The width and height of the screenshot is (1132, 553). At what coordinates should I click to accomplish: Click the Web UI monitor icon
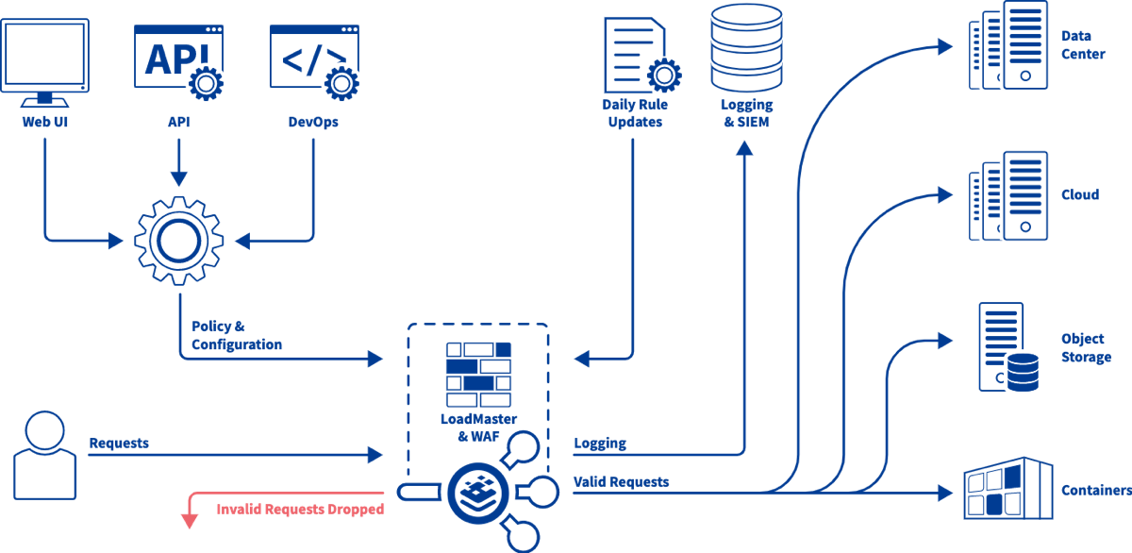click(45, 62)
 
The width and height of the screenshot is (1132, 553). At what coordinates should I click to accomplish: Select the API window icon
click(179, 61)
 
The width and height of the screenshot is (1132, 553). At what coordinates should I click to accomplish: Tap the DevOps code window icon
click(314, 61)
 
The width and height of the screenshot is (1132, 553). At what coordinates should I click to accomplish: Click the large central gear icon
click(179, 242)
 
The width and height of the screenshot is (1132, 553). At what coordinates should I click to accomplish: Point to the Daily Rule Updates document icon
click(642, 55)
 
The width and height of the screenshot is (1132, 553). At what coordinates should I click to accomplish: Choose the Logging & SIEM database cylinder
click(746, 48)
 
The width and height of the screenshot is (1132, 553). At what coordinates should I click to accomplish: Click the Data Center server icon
click(1008, 45)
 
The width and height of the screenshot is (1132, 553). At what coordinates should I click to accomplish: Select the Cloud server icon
click(1008, 196)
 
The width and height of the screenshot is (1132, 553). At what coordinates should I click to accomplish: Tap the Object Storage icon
click(1008, 347)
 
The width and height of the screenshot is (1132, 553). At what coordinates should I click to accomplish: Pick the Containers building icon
click(1008, 488)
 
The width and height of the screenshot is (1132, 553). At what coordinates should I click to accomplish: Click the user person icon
click(45, 456)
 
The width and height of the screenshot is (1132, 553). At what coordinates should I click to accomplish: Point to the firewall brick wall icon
click(478, 375)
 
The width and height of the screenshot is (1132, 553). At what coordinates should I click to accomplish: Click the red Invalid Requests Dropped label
click(300, 509)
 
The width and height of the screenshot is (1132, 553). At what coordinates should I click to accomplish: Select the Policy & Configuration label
click(237, 335)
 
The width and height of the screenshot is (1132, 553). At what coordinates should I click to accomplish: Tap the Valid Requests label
click(621, 481)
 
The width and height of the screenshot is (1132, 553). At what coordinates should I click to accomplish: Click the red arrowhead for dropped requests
click(190, 521)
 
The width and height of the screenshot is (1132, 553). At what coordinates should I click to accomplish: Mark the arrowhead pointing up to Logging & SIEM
click(744, 148)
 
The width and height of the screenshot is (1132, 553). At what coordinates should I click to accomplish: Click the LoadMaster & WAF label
click(478, 427)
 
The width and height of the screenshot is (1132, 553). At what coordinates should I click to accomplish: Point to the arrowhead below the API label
click(179, 178)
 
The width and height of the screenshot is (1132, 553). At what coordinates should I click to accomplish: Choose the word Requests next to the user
click(119, 443)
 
